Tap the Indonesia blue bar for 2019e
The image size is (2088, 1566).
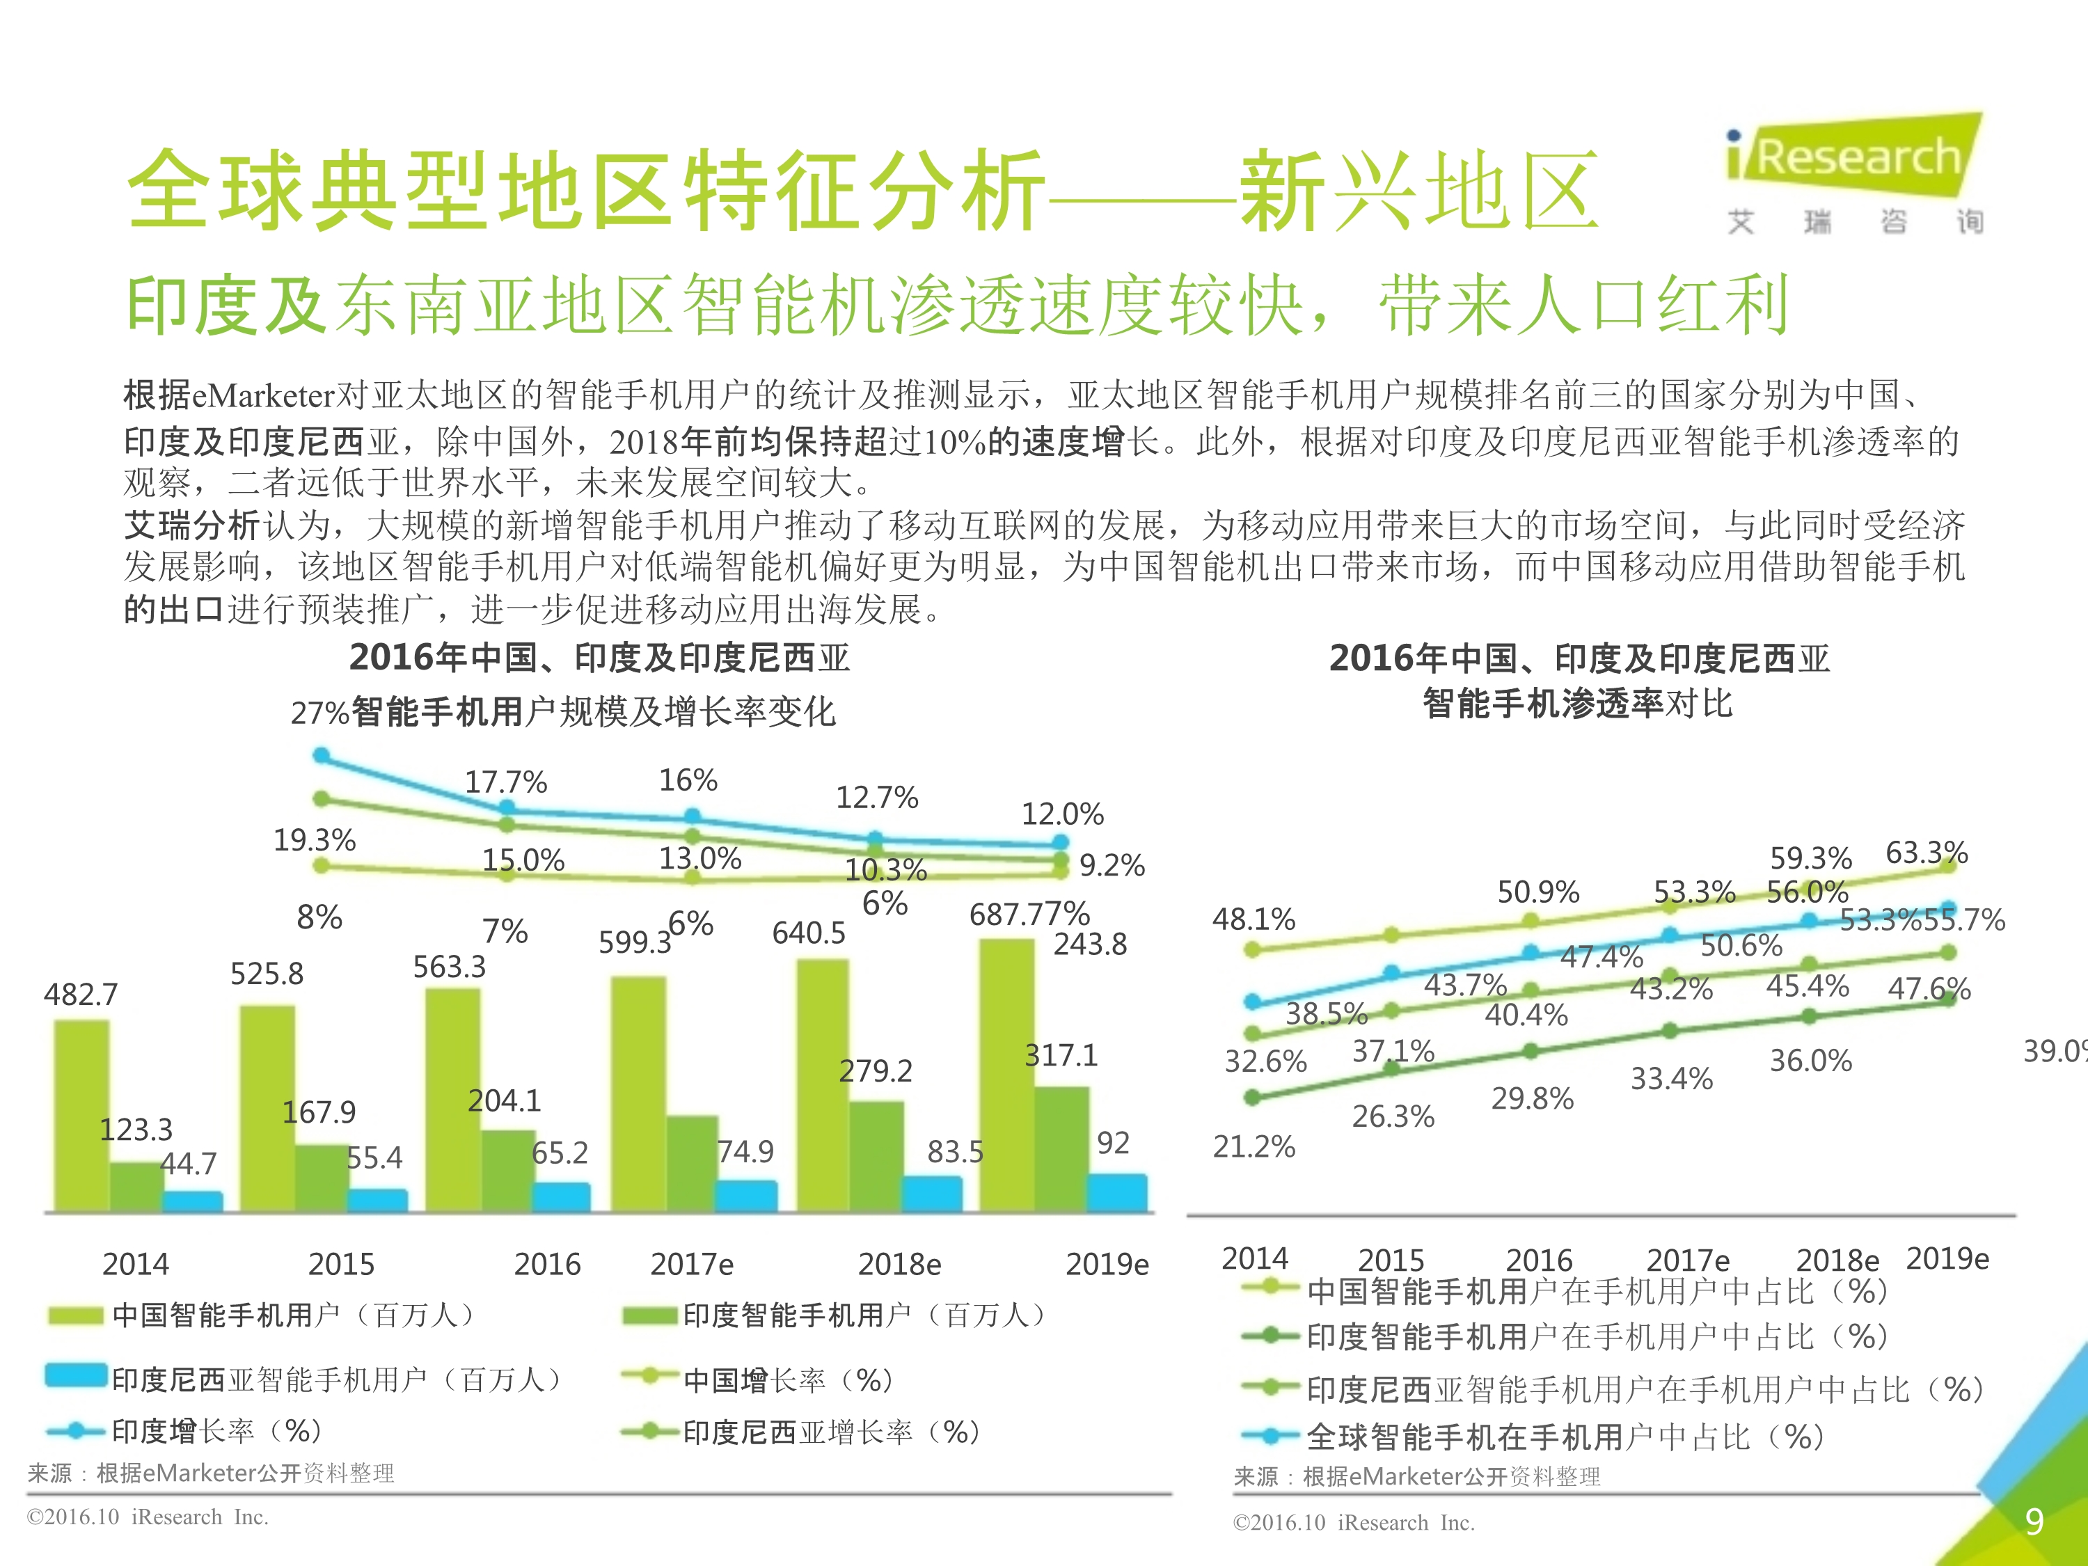[1118, 1193]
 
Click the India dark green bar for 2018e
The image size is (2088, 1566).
[877, 1156]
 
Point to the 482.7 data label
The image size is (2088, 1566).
[81, 994]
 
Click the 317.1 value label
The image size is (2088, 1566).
[1062, 1054]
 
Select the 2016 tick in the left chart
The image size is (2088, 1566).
[548, 1264]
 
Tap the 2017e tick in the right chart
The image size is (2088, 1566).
[1688, 1260]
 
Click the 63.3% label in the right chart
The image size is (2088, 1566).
[1927, 853]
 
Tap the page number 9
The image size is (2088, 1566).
[2034, 1521]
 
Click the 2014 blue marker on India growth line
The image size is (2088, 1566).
[321, 755]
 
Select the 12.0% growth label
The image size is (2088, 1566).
[1062, 814]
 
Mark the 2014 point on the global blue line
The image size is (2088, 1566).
[1253, 1001]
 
